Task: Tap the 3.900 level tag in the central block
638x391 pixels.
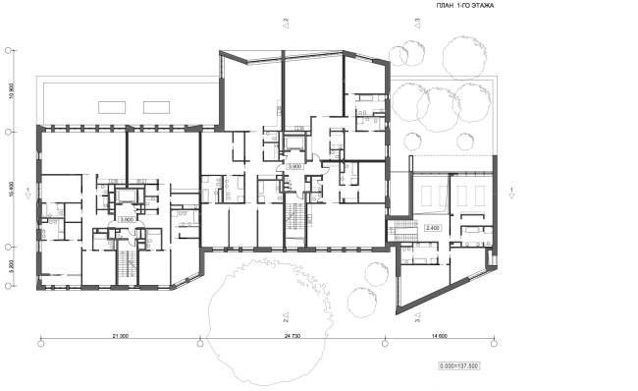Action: click(x=294, y=167)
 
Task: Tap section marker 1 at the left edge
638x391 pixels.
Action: click(x=29, y=193)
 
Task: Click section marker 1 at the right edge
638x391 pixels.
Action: click(x=512, y=193)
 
